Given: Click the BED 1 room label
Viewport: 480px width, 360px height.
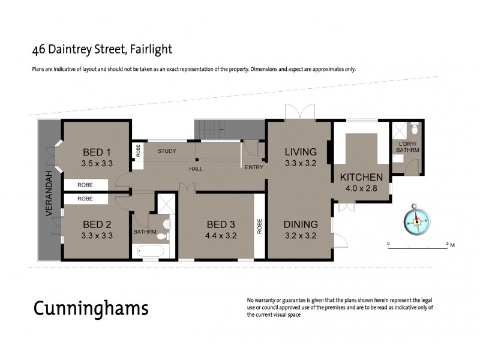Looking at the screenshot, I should (x=97, y=151).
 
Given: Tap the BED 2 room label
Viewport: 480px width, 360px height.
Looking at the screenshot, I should (x=97, y=225).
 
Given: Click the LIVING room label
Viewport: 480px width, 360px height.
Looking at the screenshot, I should (x=300, y=151).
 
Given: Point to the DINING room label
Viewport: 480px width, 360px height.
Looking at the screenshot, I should (x=300, y=225).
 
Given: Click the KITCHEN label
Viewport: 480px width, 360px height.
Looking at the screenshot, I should (x=361, y=177).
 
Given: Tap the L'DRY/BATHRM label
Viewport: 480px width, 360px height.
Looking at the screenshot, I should (x=407, y=147).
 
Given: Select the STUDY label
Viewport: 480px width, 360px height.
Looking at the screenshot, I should (x=167, y=151).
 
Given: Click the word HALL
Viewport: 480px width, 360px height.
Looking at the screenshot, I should (x=196, y=169).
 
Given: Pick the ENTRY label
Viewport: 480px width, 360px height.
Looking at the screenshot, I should (x=254, y=167).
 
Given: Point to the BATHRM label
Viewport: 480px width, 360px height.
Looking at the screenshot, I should (x=145, y=232).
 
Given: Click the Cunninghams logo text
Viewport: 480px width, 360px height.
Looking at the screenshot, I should (x=90, y=309).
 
